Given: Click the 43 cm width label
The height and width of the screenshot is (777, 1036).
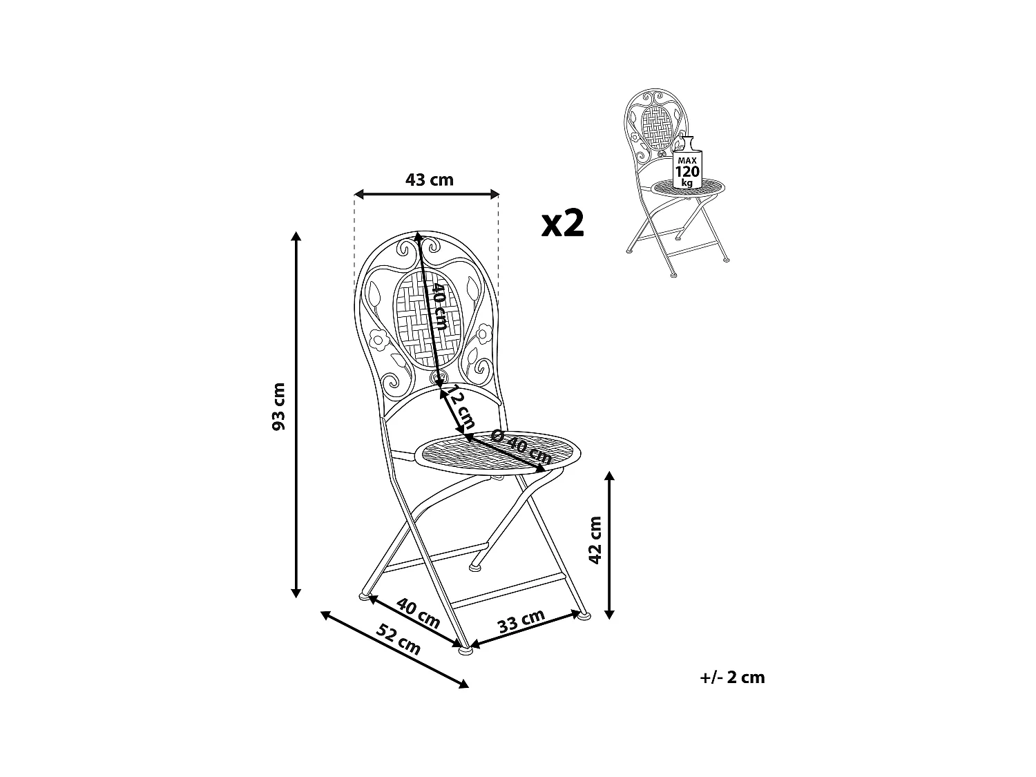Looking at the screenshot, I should click(x=429, y=180).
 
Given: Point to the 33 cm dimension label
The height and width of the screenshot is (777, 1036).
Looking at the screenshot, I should click(x=521, y=621).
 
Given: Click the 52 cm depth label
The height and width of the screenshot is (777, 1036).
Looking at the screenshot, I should click(x=399, y=639).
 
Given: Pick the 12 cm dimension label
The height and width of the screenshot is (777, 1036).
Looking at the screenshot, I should click(x=460, y=407).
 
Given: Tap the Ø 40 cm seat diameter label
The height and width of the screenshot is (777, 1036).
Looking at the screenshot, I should click(x=521, y=447).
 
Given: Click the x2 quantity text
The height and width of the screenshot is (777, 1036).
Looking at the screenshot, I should click(x=563, y=223).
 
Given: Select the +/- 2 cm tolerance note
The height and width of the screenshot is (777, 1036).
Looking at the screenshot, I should click(x=732, y=678).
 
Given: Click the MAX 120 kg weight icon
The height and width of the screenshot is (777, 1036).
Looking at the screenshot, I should click(x=687, y=168).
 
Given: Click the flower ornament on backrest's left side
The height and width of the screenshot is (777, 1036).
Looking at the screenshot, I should click(x=378, y=339).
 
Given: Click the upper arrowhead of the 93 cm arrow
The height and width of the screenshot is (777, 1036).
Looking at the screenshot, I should click(x=296, y=236).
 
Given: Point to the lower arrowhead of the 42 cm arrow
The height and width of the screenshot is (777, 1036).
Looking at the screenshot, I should click(x=609, y=614).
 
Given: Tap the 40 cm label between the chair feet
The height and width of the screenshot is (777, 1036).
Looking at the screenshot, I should click(x=418, y=612).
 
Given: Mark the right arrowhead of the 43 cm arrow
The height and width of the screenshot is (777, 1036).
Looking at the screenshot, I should click(x=495, y=195).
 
